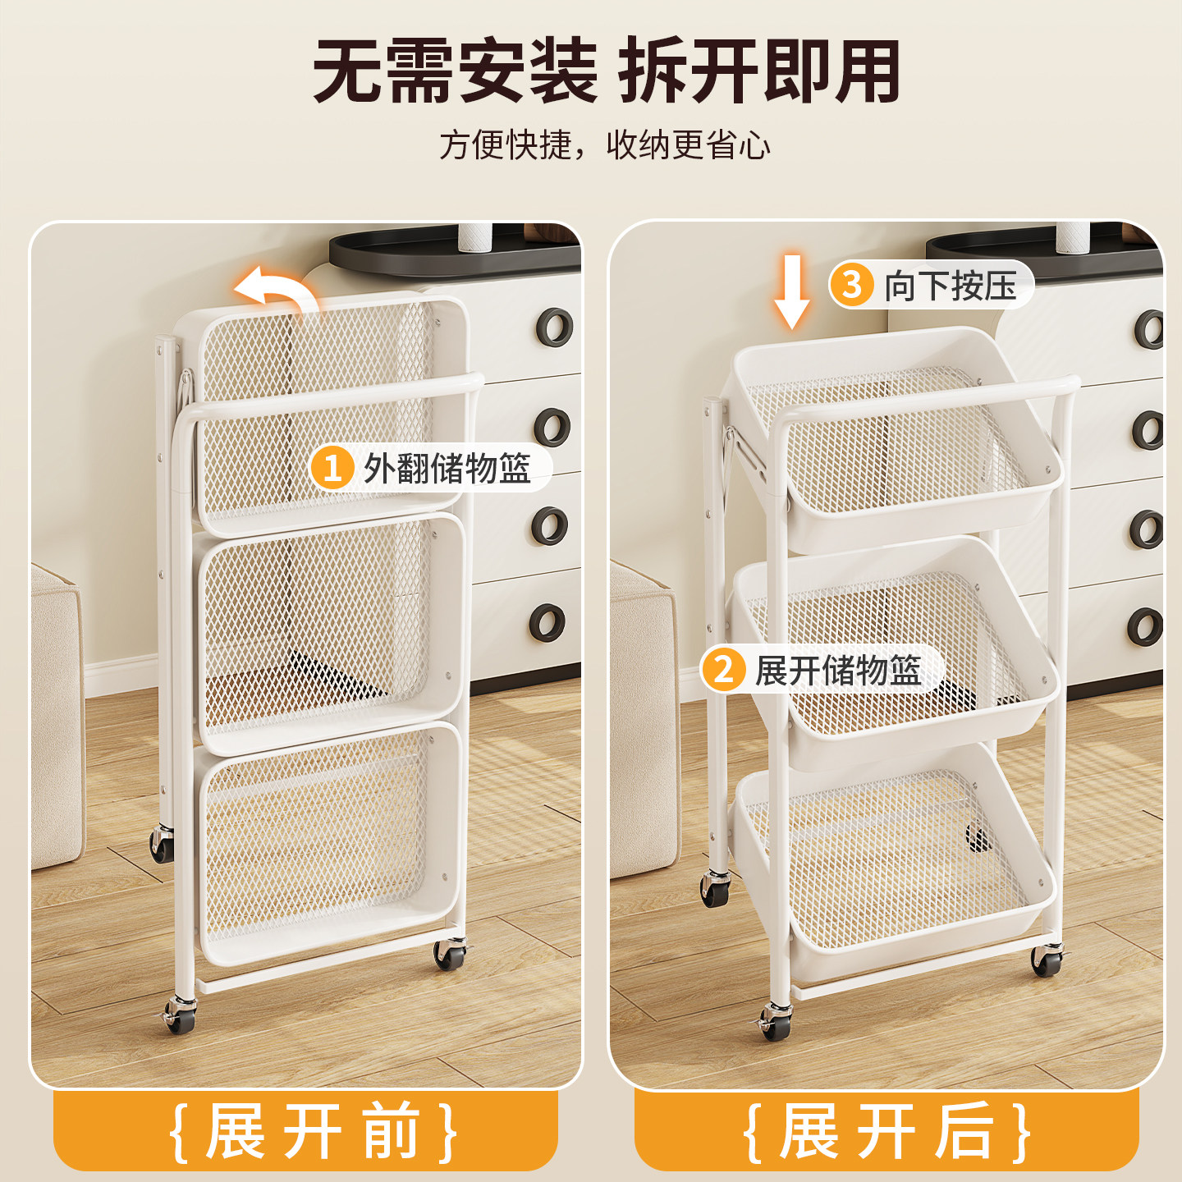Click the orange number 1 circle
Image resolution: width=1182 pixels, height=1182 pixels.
pos(332,468)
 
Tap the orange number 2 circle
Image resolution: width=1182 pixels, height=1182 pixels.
pos(723,670)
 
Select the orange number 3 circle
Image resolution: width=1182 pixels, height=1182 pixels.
pos(852,285)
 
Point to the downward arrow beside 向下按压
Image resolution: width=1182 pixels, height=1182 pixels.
pos(792,291)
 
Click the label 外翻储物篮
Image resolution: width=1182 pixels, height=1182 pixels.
pos(447,469)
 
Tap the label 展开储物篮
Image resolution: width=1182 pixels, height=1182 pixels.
pos(838,670)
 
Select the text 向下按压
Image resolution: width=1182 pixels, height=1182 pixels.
pos(951,286)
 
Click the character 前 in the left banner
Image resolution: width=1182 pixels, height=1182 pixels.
pos(392,1132)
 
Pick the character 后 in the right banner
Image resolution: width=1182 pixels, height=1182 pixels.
pos(965,1132)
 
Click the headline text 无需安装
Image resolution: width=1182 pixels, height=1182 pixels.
pos(456,72)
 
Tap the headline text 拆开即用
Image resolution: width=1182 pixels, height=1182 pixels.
pos(759,72)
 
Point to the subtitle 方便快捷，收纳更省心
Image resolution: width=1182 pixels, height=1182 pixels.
pos(606,145)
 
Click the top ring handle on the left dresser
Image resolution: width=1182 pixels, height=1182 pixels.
pos(555,327)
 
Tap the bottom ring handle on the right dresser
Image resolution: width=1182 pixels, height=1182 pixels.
pos(1147,627)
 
